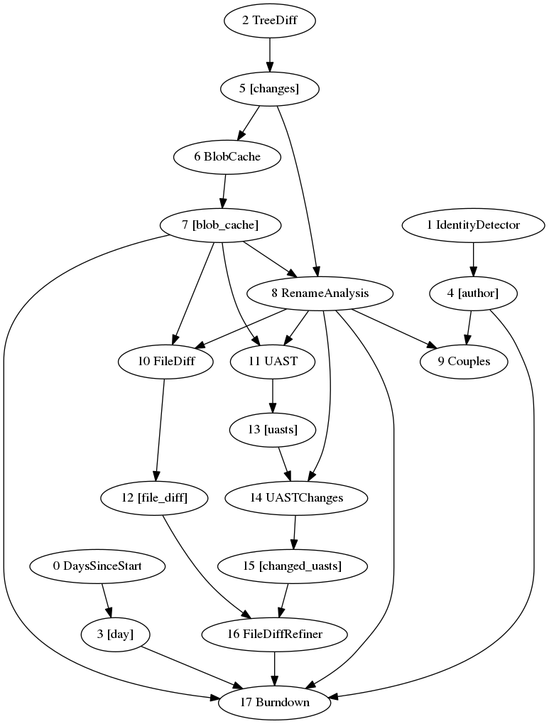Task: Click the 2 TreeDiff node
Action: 269,21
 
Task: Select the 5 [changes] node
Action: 269,89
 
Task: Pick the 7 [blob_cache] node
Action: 220,225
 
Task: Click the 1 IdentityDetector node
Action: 473,225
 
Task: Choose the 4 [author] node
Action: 473,293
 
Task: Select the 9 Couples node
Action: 464,362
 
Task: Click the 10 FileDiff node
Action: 166,362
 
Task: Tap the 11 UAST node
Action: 273,362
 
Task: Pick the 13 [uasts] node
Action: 273,430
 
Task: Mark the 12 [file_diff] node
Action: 154,498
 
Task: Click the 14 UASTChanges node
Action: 296,498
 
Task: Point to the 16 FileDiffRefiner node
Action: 275,634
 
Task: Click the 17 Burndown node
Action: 275,703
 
